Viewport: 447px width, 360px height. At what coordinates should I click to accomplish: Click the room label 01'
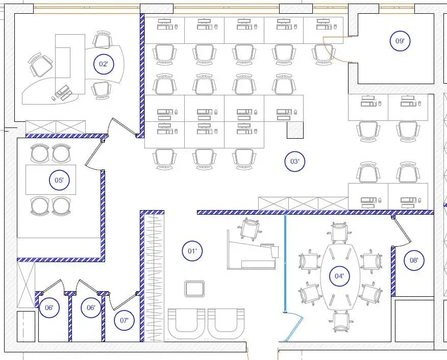(192, 251)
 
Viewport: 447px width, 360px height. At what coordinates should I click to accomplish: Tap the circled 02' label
(104, 64)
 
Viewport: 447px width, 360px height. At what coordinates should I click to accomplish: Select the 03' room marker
(295, 162)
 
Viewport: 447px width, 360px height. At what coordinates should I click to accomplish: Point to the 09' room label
(400, 41)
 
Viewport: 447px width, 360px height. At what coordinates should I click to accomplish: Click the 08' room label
(414, 261)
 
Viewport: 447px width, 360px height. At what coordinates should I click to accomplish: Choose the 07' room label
(124, 320)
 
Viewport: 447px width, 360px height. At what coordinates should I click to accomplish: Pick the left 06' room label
(49, 307)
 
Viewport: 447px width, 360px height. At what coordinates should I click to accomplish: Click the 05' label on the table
(59, 180)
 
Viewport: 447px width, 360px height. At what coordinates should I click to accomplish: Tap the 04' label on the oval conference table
(339, 276)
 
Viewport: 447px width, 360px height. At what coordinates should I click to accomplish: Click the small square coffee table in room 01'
(194, 289)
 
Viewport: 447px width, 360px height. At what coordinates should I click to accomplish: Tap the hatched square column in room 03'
(295, 130)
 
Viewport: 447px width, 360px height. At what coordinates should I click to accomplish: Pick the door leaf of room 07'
(124, 301)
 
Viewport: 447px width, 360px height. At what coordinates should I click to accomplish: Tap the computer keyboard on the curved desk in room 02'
(62, 90)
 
